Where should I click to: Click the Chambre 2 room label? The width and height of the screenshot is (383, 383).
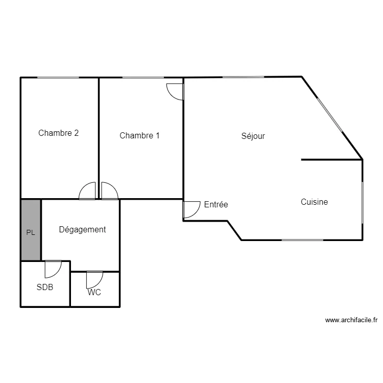point(58,133)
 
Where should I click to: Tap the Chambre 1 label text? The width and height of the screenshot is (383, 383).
point(139,135)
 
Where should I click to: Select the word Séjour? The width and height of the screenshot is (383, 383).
point(253,136)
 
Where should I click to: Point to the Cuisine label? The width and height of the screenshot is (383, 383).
point(315,202)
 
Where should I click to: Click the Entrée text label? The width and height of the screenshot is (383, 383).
point(216,204)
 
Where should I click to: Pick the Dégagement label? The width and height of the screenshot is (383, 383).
point(82,230)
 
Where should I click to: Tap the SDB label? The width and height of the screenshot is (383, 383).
point(45,287)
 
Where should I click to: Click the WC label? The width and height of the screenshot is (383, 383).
point(94,292)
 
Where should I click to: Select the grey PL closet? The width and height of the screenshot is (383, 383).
point(31,230)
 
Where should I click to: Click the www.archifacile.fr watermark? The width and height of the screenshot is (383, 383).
point(351,320)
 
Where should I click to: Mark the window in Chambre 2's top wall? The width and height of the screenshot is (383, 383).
point(58,78)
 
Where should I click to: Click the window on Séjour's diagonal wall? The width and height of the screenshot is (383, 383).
point(330,115)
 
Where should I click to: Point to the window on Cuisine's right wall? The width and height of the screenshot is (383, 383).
point(363,203)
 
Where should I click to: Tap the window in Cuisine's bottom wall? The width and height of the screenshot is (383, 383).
point(303,240)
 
